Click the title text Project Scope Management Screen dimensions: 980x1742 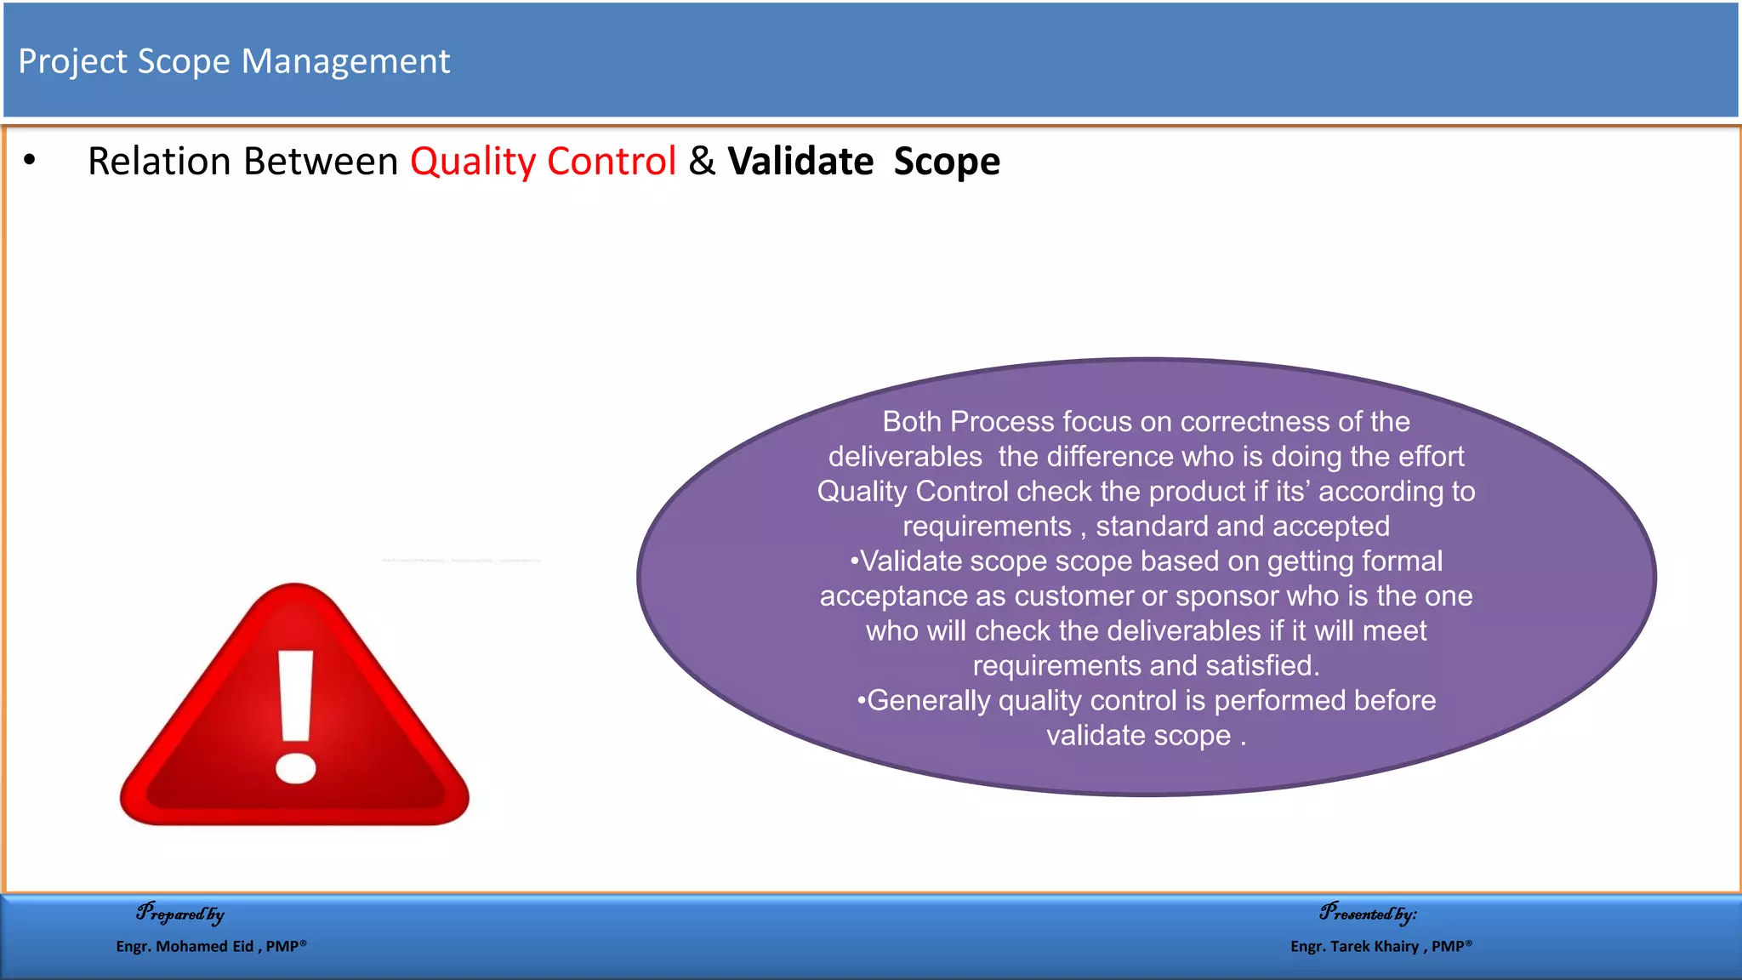[x=234, y=61]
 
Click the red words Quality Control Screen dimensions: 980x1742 [x=543, y=161]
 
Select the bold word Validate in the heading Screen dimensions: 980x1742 [x=800, y=161]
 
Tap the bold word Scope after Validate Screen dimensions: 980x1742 [x=947, y=161]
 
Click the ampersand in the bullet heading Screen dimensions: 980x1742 [x=702, y=161]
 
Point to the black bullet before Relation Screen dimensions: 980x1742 [x=30, y=160]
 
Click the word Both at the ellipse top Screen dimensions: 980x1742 [x=912, y=422]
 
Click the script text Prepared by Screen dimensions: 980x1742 [x=180, y=914]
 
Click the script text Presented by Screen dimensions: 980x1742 [x=1368, y=914]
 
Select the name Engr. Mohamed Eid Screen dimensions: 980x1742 [x=185, y=946]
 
